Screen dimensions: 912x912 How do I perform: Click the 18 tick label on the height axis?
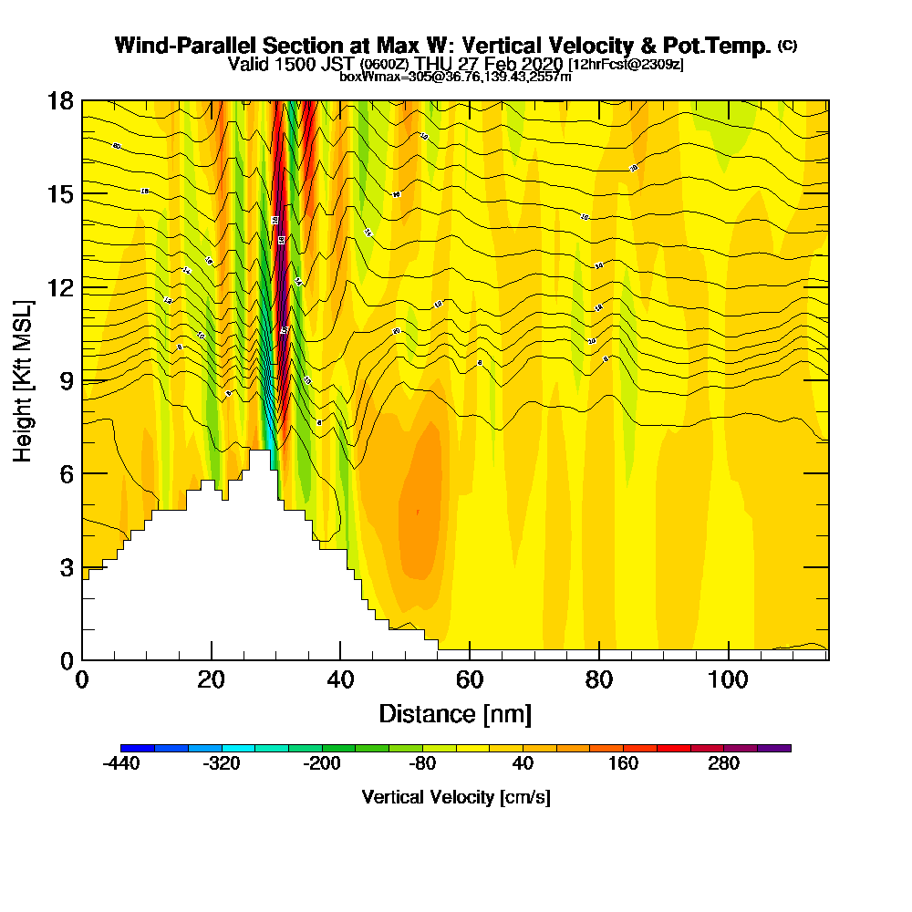59,101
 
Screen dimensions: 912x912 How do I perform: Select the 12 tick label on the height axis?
59,288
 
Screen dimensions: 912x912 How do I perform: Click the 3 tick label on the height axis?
65,567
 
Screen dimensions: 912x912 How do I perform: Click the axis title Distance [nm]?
455,713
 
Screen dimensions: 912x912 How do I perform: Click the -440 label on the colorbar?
121,764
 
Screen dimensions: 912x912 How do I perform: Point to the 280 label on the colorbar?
723,764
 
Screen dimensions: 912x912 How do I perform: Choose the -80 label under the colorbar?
422,764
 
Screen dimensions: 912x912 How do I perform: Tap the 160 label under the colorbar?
623,764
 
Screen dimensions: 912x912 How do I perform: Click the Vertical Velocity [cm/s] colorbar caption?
455,797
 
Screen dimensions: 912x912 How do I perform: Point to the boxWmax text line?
455,77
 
